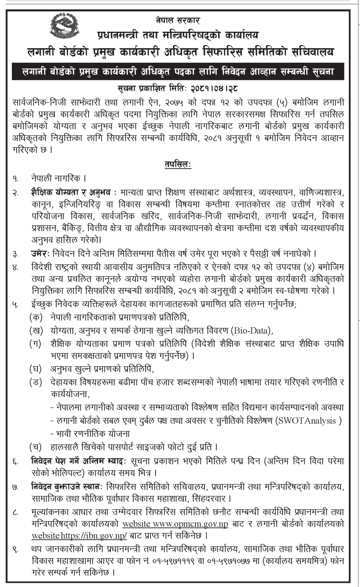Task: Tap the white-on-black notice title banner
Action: coord(178,71)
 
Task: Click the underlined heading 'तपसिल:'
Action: coord(178,165)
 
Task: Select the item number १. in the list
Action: coord(15,179)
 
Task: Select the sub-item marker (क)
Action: coord(36,318)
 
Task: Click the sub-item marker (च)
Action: coord(36,447)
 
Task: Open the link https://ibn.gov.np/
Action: coord(94,536)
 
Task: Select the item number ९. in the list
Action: coord(15,550)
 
